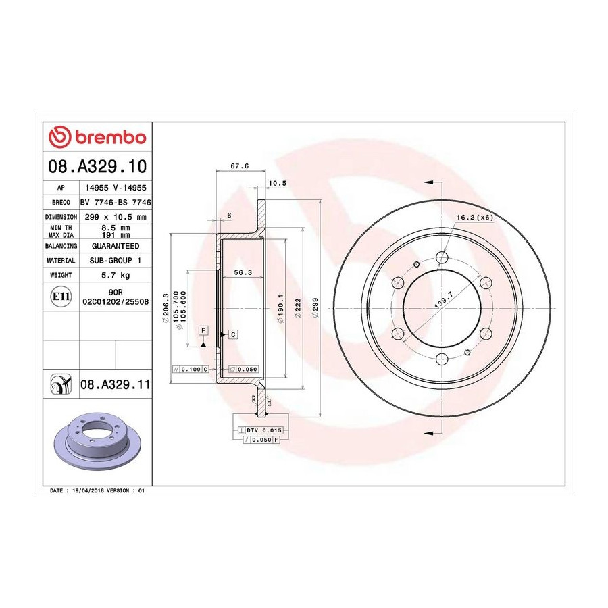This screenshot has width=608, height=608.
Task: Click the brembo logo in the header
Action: pos(97,137)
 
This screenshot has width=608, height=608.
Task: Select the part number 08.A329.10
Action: pos(97,166)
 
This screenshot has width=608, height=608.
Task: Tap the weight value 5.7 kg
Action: pos(116,276)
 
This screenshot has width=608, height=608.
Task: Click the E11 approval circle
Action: pos(61,297)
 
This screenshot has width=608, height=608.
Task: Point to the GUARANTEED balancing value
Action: pos(116,246)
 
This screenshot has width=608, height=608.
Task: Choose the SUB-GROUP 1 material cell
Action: pos(116,261)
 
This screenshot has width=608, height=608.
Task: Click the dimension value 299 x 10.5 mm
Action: pos(116,217)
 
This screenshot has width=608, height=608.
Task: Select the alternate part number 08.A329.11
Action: pos(115,384)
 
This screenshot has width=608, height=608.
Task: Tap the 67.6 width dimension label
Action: pos(240,166)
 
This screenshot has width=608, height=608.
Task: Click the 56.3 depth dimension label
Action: pos(243,273)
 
